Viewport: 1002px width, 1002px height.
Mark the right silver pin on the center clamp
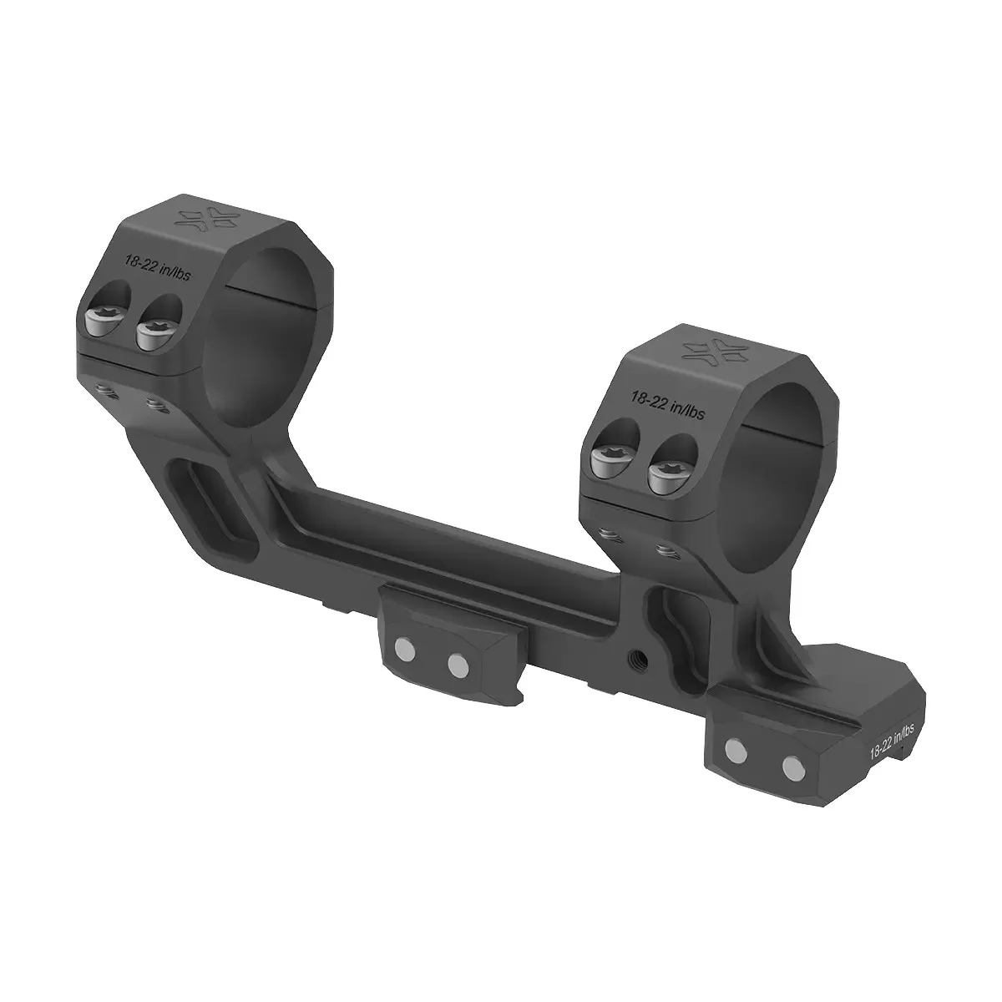pos(458,665)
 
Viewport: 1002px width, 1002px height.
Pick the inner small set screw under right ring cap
pos(665,550)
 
